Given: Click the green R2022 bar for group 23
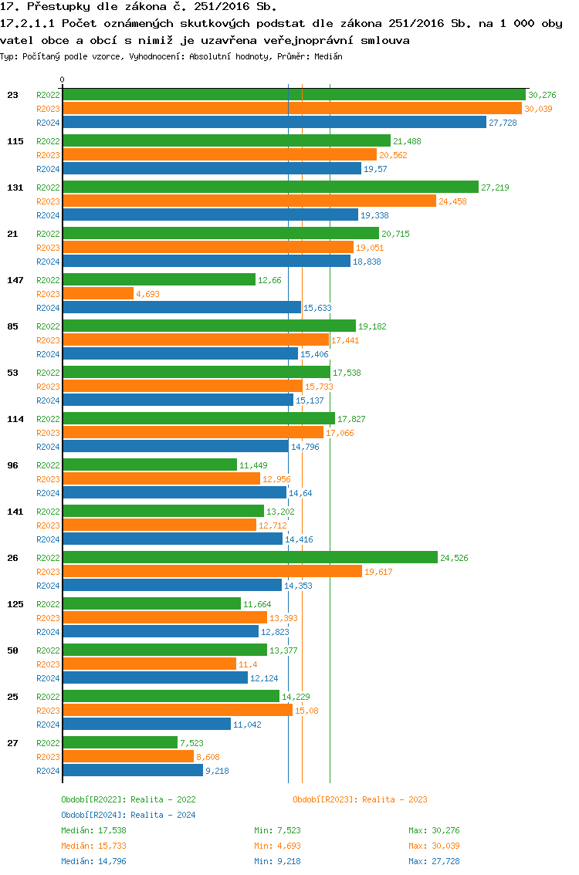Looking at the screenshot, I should (x=293, y=95).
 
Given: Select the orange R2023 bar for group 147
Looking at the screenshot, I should (x=98, y=294).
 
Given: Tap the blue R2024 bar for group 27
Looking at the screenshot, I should (x=133, y=771).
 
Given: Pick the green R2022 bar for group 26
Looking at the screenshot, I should (x=249, y=558).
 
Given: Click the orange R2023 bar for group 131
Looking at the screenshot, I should (x=249, y=201).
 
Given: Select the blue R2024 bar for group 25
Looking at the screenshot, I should (x=147, y=725).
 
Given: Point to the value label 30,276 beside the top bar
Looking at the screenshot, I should (x=543, y=95).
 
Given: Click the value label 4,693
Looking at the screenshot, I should (x=147, y=294).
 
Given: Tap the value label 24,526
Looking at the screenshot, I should (x=454, y=558).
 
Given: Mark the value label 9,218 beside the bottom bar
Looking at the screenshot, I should (x=217, y=771).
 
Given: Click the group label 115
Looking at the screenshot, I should (x=15, y=141).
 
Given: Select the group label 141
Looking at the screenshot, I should (x=15, y=512).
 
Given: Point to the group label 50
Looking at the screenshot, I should (x=12, y=650).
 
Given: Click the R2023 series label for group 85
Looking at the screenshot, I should (x=48, y=340).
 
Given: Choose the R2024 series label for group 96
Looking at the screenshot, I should (x=48, y=493).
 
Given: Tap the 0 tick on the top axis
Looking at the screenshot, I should (x=63, y=79).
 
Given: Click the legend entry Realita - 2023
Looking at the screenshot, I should (x=360, y=799).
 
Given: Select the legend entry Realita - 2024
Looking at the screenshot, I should (x=128, y=815).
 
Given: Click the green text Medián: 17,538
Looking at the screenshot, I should (x=93, y=830).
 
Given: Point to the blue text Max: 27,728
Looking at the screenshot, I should (x=434, y=861).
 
